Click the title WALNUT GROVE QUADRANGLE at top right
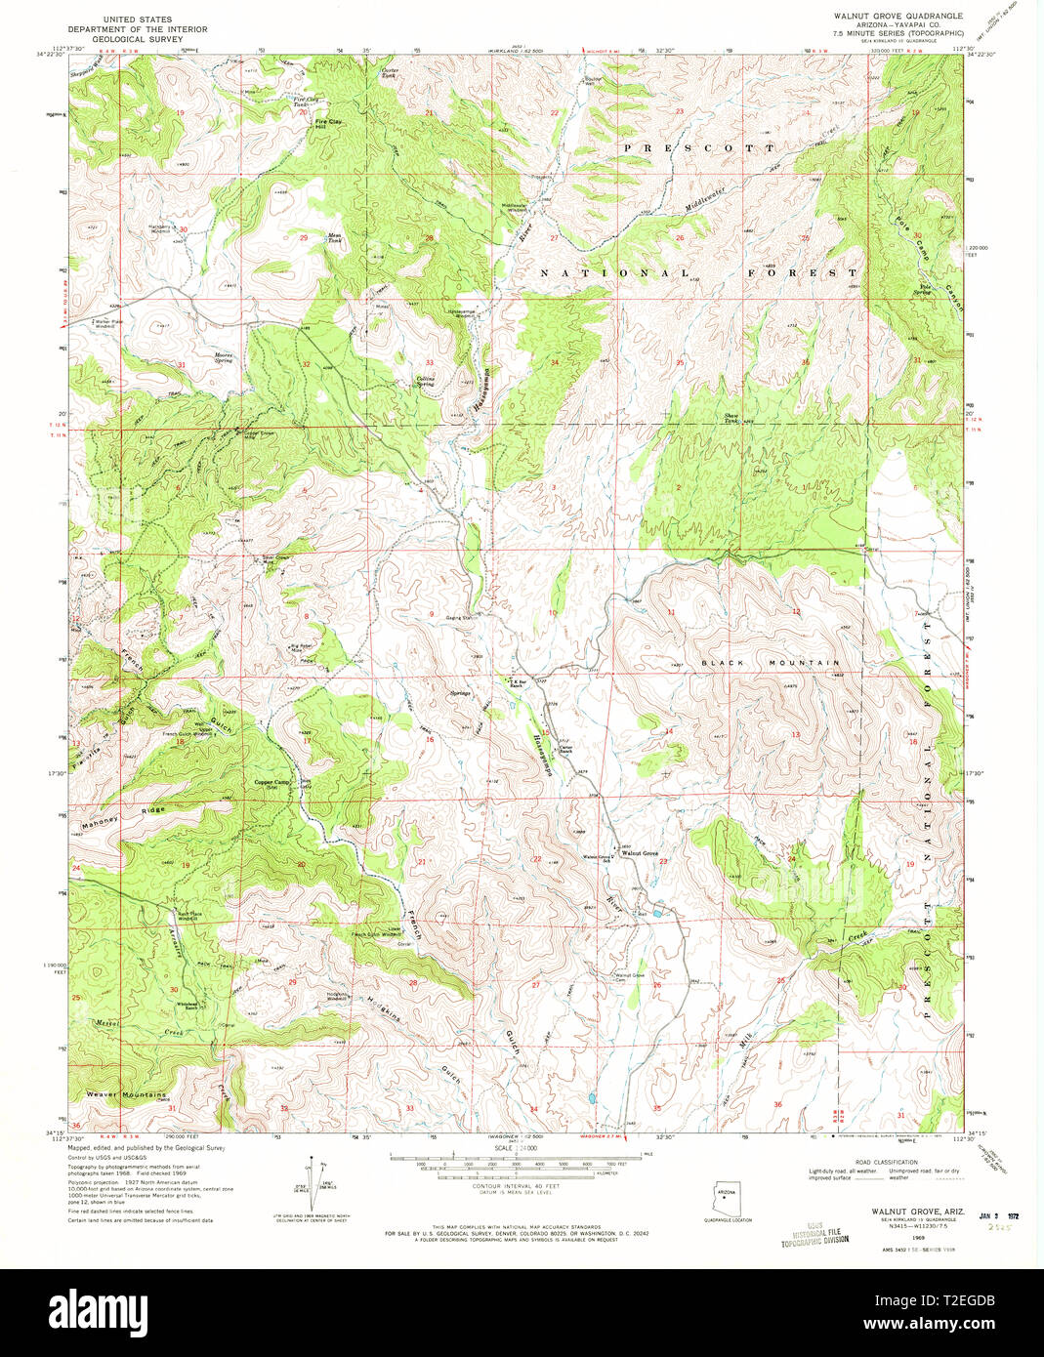897,17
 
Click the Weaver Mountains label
125,1094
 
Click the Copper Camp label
272,782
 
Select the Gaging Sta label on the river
459,618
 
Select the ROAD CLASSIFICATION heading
884,1162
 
